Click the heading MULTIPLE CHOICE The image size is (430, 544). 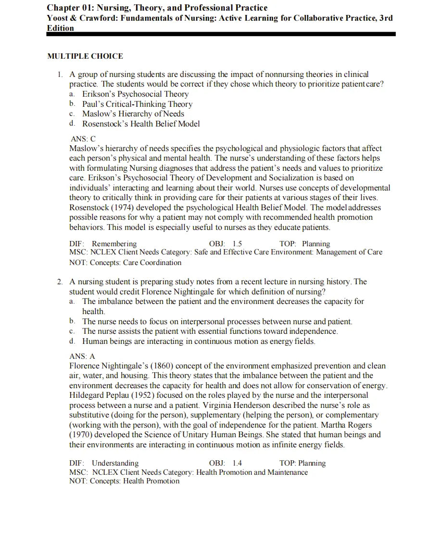(x=85, y=56)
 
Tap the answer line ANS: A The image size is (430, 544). (x=83, y=356)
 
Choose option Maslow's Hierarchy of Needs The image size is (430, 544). (x=133, y=114)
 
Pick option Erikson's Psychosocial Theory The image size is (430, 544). (x=135, y=94)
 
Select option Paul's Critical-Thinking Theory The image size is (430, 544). (x=137, y=104)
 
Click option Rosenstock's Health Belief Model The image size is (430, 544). (x=141, y=124)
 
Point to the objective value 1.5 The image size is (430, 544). (x=237, y=244)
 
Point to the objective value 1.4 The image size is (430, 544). (x=237, y=463)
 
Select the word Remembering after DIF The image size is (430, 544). (x=114, y=244)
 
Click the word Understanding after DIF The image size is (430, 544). (x=115, y=463)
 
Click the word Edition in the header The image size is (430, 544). (x=61, y=28)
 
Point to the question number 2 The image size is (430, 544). (x=61, y=282)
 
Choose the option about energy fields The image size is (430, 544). (x=199, y=342)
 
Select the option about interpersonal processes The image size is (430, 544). (x=217, y=321)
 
